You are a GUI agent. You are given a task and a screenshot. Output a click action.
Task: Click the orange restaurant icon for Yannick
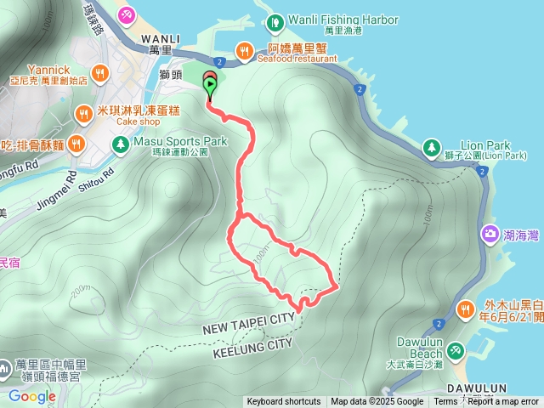(x=100, y=72)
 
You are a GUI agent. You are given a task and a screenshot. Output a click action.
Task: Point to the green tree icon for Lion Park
(x=429, y=148)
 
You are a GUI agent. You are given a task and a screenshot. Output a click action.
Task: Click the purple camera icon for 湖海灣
(x=490, y=234)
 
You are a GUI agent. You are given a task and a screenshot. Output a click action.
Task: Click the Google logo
(x=32, y=396)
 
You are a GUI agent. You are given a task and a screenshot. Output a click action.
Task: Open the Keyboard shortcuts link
(x=284, y=402)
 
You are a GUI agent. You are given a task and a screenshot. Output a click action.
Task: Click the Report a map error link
(x=503, y=402)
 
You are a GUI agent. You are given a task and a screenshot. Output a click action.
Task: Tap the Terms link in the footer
(x=445, y=402)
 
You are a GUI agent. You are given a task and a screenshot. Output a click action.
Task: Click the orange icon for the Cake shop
(x=83, y=112)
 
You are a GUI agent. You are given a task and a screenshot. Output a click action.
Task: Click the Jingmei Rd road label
(x=69, y=182)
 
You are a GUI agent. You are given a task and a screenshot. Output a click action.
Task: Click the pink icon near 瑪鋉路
(x=127, y=14)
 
